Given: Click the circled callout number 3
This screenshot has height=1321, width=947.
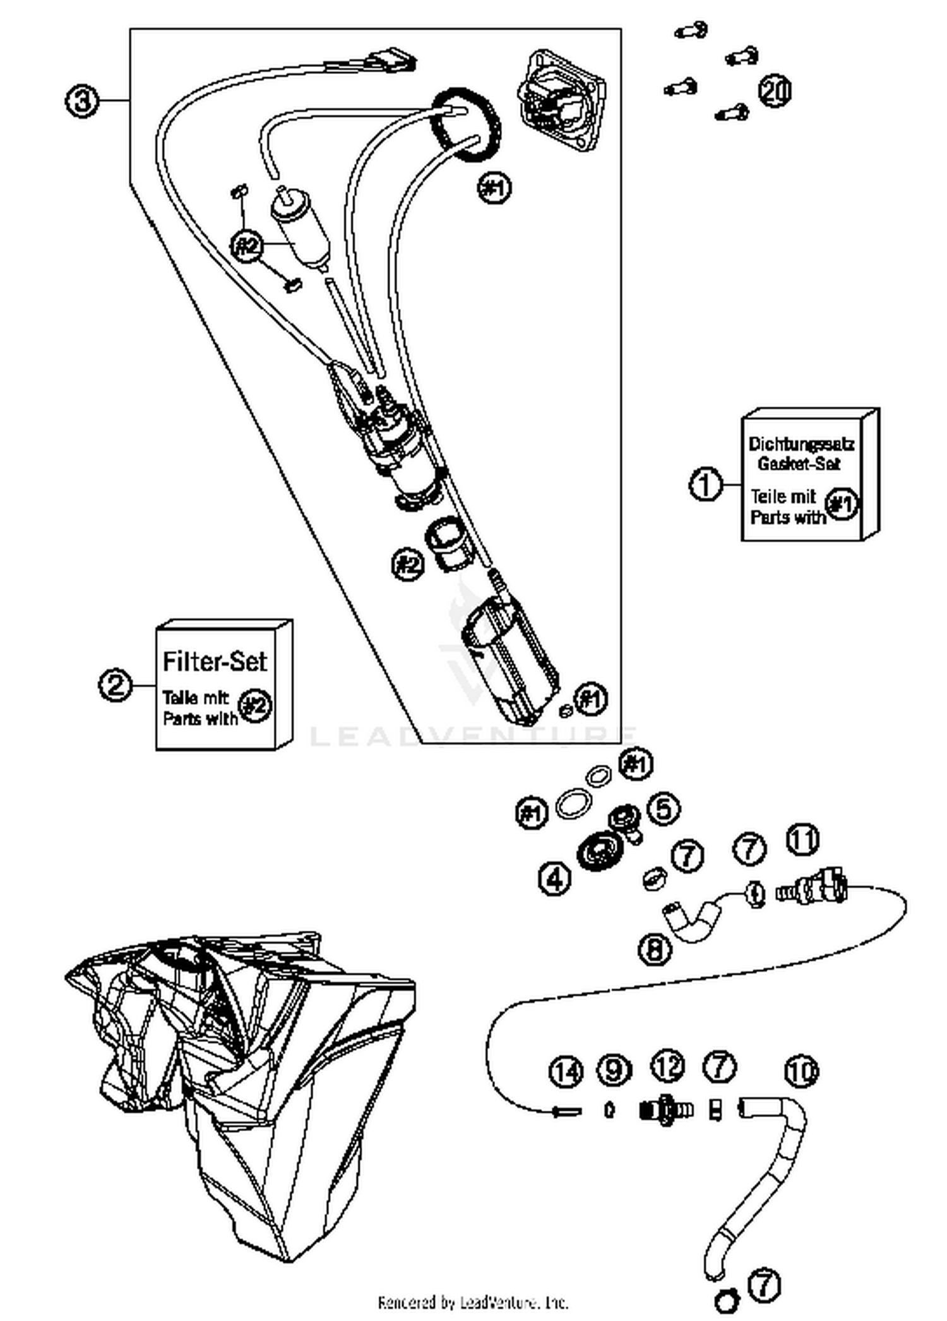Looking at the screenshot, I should click(x=82, y=101).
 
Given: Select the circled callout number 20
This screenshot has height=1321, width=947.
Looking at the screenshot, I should click(x=775, y=90).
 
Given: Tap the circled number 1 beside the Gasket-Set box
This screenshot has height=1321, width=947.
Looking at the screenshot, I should click(x=705, y=484).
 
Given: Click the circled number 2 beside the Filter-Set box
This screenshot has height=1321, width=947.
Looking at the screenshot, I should click(x=115, y=684).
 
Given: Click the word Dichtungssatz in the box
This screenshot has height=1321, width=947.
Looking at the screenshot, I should click(x=801, y=444).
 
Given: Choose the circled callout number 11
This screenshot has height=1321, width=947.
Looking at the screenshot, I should click(x=802, y=840).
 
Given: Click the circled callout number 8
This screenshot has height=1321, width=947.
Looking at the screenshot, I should click(x=655, y=948).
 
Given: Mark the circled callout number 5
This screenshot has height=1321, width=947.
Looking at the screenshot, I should click(x=664, y=809).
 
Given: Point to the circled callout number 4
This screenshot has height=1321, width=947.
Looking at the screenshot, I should click(x=555, y=877).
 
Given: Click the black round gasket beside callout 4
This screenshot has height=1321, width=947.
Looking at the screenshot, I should click(x=597, y=852).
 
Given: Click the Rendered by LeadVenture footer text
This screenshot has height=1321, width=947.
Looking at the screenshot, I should click(x=473, y=1302).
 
